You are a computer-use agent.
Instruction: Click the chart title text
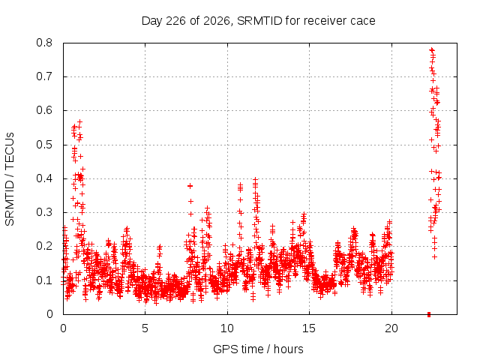pyautogui.click(x=258, y=21)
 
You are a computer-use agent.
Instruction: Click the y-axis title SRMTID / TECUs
pyautogui.click(x=10, y=179)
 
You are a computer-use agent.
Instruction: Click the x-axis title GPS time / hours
pyautogui.click(x=258, y=349)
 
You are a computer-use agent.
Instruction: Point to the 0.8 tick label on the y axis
pyautogui.click(x=44, y=43)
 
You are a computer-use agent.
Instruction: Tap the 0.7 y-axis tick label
pyautogui.click(x=44, y=76)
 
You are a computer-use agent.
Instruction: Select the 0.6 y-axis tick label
pyautogui.click(x=44, y=110)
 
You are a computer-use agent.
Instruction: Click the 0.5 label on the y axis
pyautogui.click(x=44, y=145)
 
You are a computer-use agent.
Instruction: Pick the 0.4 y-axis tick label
pyautogui.click(x=44, y=178)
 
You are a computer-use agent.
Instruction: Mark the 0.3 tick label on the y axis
pyautogui.click(x=44, y=212)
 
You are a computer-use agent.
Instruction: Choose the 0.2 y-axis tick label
pyautogui.click(x=44, y=247)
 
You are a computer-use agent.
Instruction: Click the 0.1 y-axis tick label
pyautogui.click(x=44, y=280)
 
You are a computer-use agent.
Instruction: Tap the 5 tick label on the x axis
pyautogui.click(x=145, y=328)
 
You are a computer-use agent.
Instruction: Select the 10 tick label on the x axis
pyautogui.click(x=227, y=328)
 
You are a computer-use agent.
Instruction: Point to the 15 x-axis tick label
pyautogui.click(x=309, y=328)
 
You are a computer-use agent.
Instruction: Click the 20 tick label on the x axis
pyautogui.click(x=391, y=328)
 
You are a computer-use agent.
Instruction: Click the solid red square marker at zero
pyautogui.click(x=429, y=314)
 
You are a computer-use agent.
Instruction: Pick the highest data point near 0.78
pyautogui.click(x=432, y=49)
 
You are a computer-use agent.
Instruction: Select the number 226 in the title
pyautogui.click(x=175, y=21)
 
